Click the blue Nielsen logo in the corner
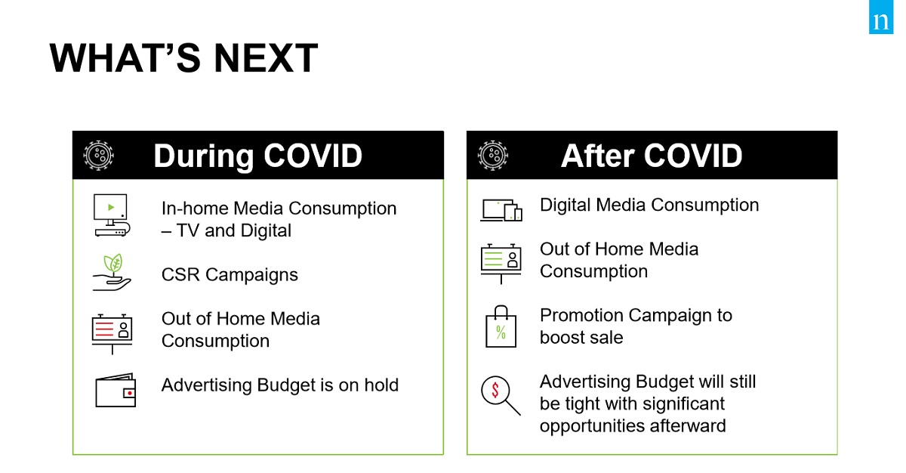881,17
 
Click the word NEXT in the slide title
266,58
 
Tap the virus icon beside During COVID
98,156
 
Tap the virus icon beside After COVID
492,156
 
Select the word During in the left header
203,156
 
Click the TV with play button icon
112,215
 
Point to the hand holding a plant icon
112,272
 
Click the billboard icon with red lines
112,334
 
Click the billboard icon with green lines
501,264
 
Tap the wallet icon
116,390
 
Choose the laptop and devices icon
501,210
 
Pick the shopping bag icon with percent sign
501,326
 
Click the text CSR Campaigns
230,275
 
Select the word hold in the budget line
381,385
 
